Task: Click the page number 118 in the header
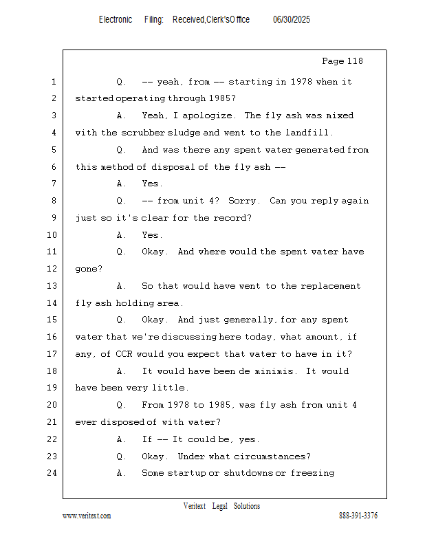353,61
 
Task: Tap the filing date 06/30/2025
292,20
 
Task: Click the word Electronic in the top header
116,20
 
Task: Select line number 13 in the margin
52,286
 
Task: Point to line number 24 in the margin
52,473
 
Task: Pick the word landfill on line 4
309,133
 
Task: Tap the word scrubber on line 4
143,133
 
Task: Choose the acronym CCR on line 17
124,354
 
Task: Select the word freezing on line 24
312,473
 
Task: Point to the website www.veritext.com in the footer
87,516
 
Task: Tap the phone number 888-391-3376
358,516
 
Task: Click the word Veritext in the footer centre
195,506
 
